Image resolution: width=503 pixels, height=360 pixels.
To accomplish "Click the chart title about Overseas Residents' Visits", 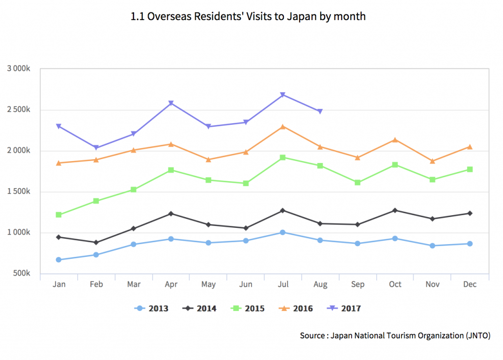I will click(248, 16).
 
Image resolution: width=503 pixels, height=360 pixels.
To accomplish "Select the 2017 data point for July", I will click(283, 95).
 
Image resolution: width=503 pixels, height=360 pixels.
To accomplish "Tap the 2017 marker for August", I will click(320, 111).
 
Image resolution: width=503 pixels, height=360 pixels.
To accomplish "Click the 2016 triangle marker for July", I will click(283, 127).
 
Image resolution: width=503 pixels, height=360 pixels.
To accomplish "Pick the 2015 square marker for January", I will click(59, 215).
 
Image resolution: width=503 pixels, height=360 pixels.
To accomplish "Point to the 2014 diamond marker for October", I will click(395, 210).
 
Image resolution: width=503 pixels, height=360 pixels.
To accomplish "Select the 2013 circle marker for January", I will click(59, 260).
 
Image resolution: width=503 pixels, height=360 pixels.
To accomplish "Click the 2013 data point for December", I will click(470, 244).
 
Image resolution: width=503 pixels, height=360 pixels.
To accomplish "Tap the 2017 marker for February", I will click(96, 148).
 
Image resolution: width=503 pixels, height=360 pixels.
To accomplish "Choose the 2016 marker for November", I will click(432, 161).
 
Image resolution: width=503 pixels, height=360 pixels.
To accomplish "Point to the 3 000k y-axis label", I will click(19, 68).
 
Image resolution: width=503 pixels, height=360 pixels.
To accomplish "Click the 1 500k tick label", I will click(19, 192).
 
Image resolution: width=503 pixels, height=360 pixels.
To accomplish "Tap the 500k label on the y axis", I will click(21, 274).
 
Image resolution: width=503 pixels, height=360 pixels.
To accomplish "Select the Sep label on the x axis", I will click(358, 284).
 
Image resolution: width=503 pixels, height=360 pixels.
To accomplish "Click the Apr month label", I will click(171, 284).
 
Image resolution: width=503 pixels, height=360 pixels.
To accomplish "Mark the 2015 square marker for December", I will click(470, 169).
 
